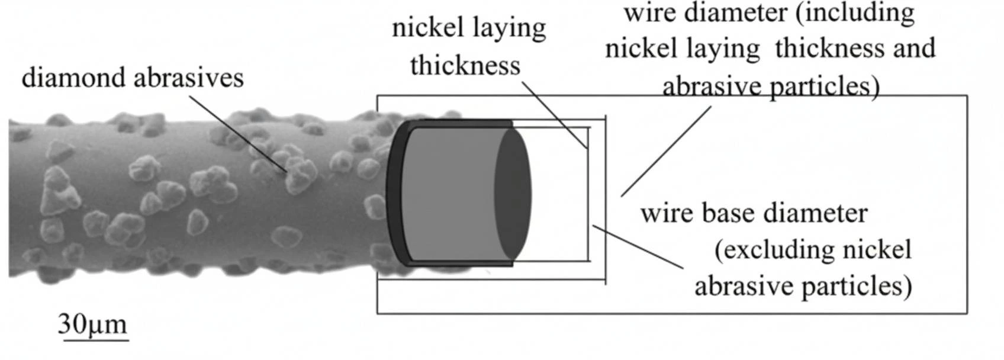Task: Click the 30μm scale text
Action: click(93, 324)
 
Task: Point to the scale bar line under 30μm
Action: click(94, 340)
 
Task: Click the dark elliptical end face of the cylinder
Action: click(513, 194)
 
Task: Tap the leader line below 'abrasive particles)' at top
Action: click(666, 151)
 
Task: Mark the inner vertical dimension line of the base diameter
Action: click(588, 195)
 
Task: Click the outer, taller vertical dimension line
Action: click(606, 201)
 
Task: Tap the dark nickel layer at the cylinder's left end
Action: click(395, 195)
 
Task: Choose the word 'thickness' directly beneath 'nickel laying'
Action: click(465, 66)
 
